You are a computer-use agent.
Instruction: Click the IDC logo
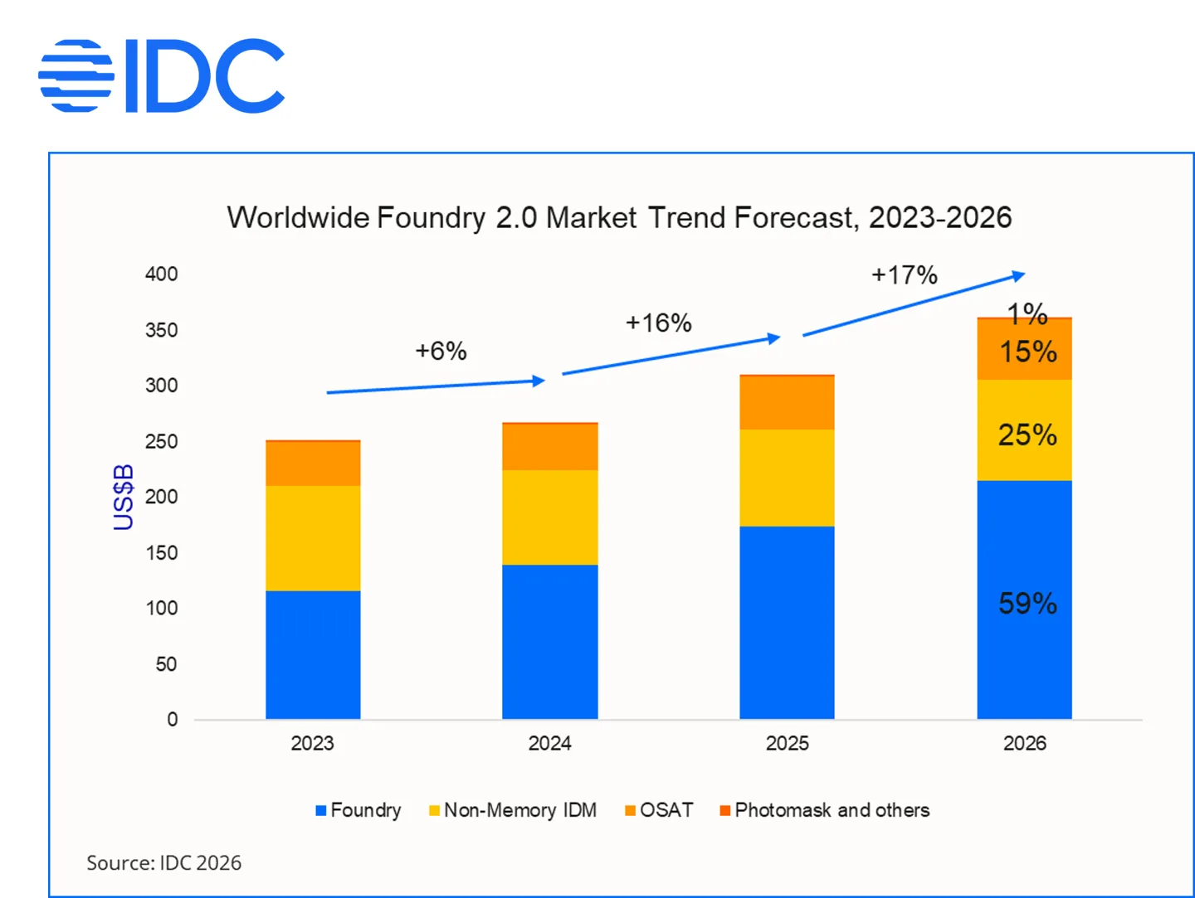point(162,75)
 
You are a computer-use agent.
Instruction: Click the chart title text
point(619,218)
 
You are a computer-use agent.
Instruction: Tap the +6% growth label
point(441,351)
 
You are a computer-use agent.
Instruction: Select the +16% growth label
point(658,323)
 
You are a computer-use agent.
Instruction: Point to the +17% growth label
point(904,274)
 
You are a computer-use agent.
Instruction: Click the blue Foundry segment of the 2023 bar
point(313,654)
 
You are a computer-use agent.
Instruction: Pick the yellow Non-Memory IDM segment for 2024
point(549,517)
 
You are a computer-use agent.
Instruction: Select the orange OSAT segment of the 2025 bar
point(787,403)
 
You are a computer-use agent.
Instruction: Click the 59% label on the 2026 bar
point(1027,603)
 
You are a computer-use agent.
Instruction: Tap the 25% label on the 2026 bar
point(1027,434)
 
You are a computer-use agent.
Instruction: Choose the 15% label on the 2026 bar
point(1027,352)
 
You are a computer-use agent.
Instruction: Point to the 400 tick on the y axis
point(161,274)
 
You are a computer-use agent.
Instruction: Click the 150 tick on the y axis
point(161,553)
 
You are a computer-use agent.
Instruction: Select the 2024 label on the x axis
point(549,743)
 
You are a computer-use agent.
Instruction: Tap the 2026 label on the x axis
point(1024,743)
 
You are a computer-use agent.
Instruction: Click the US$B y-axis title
point(123,497)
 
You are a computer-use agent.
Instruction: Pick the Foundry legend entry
point(358,810)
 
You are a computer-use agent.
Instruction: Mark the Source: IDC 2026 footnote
point(163,863)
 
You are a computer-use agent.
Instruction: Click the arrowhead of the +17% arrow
point(1020,276)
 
